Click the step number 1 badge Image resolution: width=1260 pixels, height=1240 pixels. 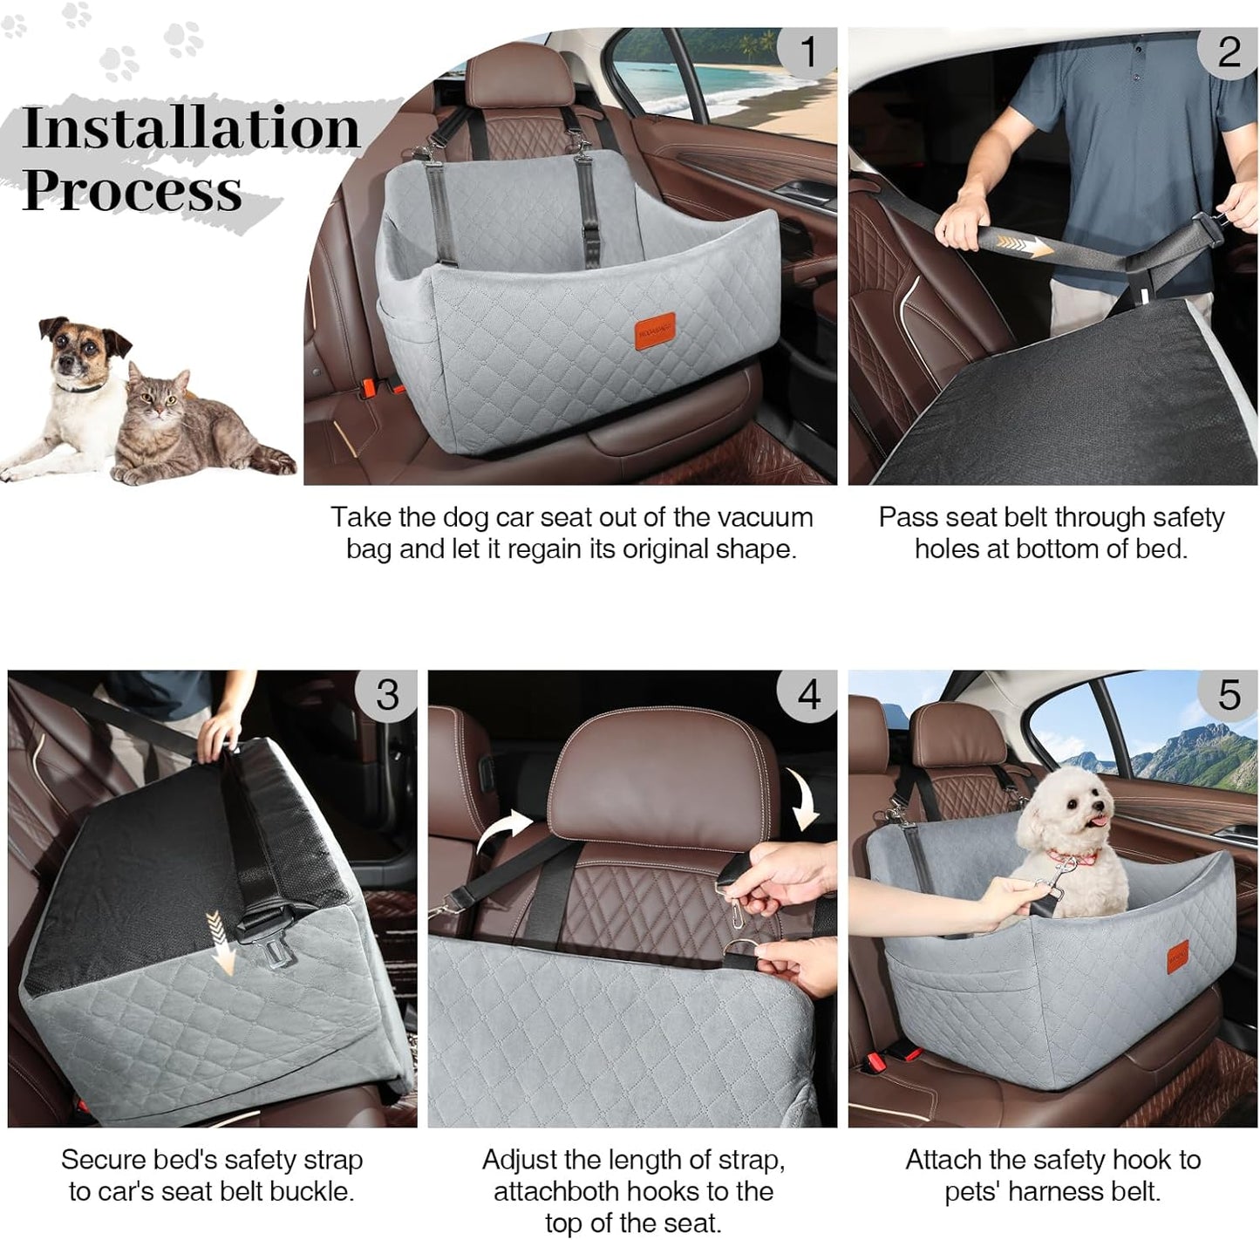(x=807, y=51)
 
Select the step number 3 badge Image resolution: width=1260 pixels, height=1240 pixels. (x=387, y=695)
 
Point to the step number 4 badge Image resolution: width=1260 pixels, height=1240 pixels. (x=807, y=695)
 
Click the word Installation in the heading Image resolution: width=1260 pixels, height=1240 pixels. (x=191, y=127)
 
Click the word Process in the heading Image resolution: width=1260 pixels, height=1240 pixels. (x=132, y=189)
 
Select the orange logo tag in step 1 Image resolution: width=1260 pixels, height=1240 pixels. (x=655, y=331)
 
